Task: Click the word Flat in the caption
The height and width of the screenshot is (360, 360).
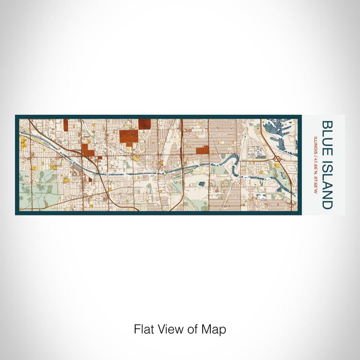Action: [x=143, y=329]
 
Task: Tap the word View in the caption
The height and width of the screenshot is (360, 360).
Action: [x=171, y=329]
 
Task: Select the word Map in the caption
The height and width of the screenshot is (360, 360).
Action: [x=215, y=329]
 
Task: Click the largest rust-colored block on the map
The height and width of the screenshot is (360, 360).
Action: [x=129, y=136]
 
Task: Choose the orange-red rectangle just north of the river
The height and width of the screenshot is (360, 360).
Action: [x=202, y=150]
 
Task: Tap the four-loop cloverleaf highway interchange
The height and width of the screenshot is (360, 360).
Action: [x=277, y=159]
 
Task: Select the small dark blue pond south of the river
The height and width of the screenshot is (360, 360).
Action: [x=201, y=183]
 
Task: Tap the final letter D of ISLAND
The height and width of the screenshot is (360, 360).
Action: [x=327, y=205]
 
